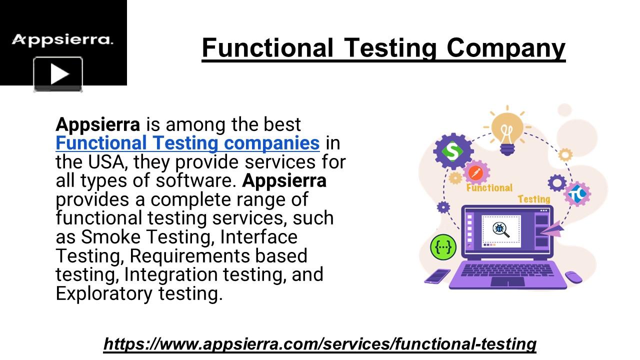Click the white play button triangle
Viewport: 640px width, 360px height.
pyautogui.click(x=59, y=74)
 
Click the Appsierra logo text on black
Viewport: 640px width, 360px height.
pyautogui.click(x=62, y=40)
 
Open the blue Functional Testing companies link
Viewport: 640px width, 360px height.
pyautogui.click(x=187, y=143)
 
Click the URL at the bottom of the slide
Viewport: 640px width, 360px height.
pyautogui.click(x=320, y=343)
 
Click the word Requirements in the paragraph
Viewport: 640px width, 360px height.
pyautogui.click(x=189, y=255)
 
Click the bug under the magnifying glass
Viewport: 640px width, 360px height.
pyautogui.click(x=499, y=228)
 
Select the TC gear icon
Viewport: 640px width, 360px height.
pyautogui.click(x=577, y=194)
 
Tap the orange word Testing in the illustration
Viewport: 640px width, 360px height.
pyautogui.click(x=534, y=199)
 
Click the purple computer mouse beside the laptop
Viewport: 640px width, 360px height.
pyautogui.click(x=573, y=277)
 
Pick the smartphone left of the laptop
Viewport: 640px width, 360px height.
pyautogui.click(x=437, y=276)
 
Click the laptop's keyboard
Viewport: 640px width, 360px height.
pyautogui.click(x=507, y=270)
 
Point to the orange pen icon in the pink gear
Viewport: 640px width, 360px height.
pyautogui.click(x=475, y=172)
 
